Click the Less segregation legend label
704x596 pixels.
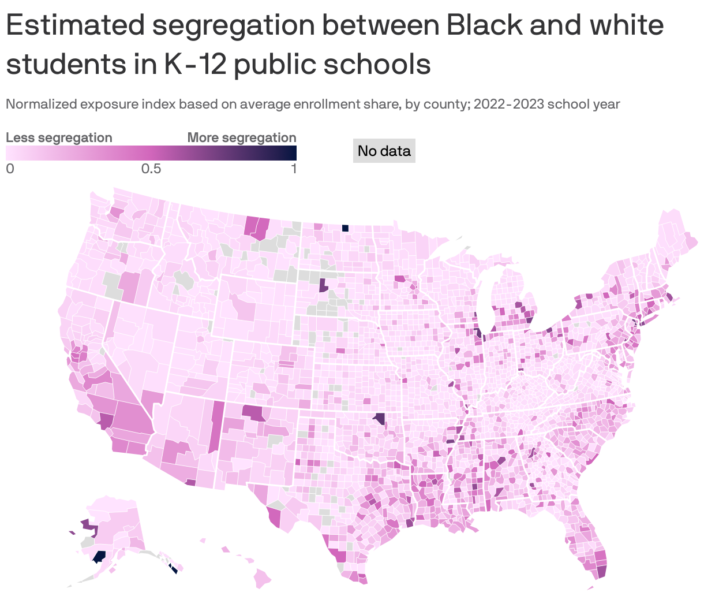coord(59,137)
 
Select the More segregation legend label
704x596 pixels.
coord(242,137)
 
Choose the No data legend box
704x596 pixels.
coord(384,151)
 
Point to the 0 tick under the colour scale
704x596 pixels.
coord(9,169)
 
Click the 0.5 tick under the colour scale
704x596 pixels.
coord(151,169)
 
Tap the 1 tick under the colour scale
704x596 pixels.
coord(294,169)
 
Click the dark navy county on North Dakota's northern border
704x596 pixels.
coord(345,228)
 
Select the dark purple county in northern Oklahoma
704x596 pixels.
coord(379,419)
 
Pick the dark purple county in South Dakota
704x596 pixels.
coord(323,285)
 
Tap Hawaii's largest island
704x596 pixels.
coord(264,576)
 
